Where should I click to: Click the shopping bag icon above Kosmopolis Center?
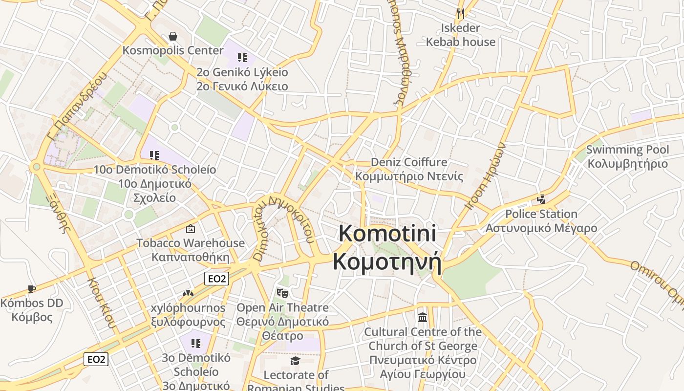tap(172, 36)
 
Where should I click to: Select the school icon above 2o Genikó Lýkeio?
tap(242, 58)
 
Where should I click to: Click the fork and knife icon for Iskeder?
tap(460, 13)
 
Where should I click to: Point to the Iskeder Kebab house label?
tap(460, 35)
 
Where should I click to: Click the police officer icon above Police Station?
tap(541, 199)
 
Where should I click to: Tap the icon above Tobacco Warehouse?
tap(191, 229)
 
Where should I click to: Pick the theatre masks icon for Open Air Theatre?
tap(282, 293)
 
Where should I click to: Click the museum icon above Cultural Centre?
tap(423, 318)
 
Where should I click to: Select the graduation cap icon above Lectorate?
tap(295, 361)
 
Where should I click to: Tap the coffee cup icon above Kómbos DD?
tap(32, 289)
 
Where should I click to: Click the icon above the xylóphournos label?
tap(188, 293)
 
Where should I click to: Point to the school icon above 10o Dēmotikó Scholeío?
tap(154, 155)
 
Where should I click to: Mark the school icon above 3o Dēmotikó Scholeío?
tap(196, 344)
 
